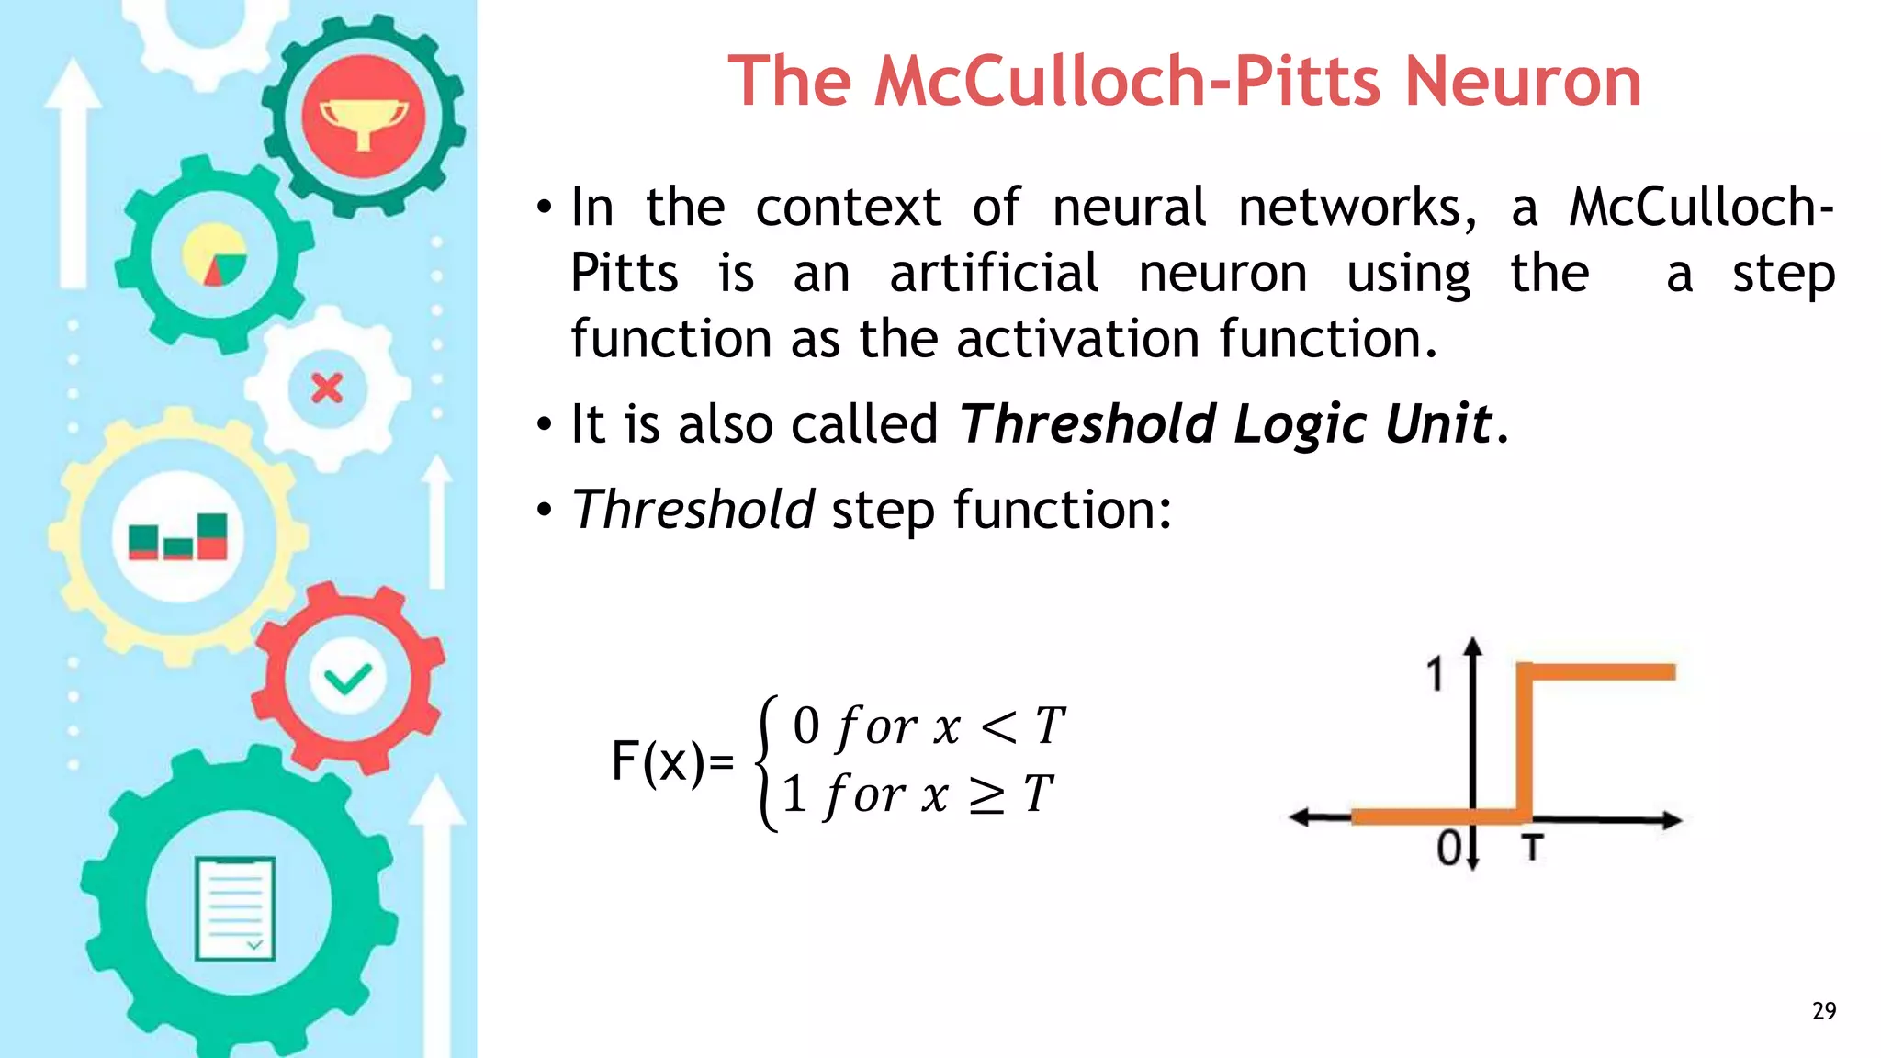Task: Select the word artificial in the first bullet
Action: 994,274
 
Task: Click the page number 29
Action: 1824,1011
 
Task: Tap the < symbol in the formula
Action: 999,727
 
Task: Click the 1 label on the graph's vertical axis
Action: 1436,675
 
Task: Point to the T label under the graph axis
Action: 1531,848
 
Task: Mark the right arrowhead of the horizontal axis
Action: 1673,820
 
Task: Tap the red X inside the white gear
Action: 327,388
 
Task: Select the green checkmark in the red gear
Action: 348,679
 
